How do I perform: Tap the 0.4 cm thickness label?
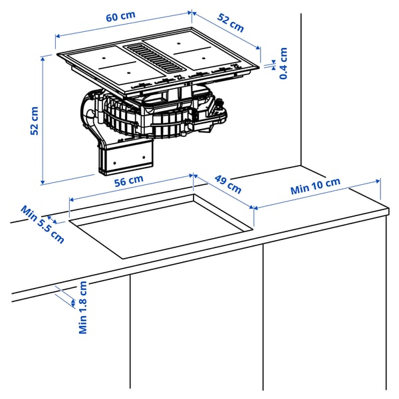[284, 63]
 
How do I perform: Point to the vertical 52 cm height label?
[35, 121]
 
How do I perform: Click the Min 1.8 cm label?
[83, 307]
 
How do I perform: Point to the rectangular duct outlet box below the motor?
[128, 158]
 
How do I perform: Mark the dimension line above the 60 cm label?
[124, 25]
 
